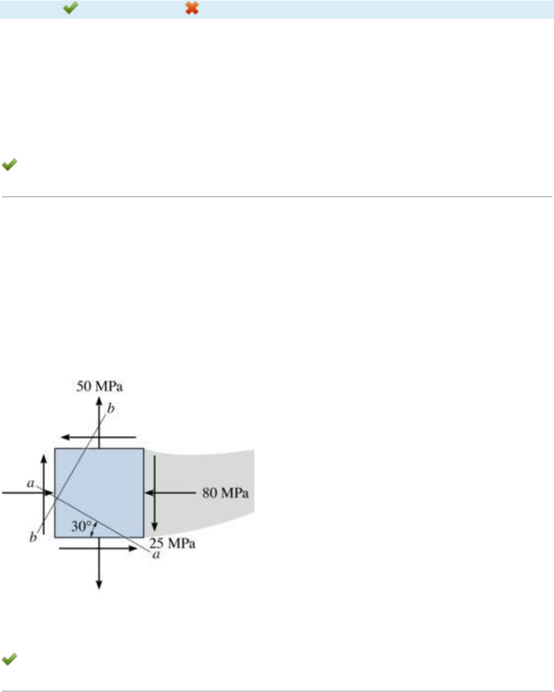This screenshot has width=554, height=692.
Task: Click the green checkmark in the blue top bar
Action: tap(71, 8)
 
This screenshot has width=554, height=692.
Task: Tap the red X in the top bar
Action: tap(192, 8)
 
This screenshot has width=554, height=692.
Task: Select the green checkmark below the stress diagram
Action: tap(9, 659)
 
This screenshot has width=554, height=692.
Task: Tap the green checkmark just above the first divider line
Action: tap(9, 165)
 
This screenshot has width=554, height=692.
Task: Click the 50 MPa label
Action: tap(100, 387)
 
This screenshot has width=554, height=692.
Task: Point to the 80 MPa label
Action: tap(225, 492)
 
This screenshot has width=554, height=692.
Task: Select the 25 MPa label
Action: tap(172, 543)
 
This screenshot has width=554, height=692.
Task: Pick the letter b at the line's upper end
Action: tap(111, 408)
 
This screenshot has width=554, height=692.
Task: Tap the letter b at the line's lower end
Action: tap(33, 537)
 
